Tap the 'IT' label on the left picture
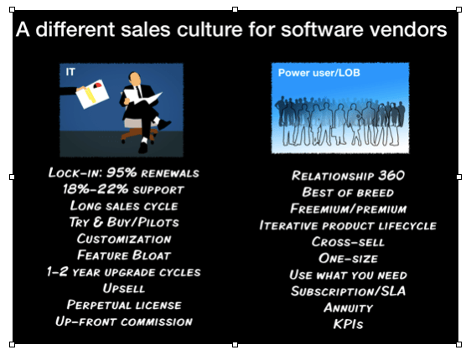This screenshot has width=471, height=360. click(x=70, y=72)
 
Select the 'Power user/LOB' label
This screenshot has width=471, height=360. click(x=318, y=73)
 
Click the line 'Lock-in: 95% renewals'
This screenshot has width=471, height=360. click(x=124, y=172)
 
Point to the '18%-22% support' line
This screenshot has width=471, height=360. click(x=123, y=189)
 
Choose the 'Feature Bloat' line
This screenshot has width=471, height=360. click(x=124, y=255)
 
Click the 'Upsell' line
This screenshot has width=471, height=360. click(x=124, y=288)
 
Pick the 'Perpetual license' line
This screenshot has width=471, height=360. click(x=124, y=305)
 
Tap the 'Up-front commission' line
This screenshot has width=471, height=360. click(x=124, y=321)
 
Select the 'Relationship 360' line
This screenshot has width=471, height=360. click(x=348, y=176)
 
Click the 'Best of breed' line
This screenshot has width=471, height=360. click(x=348, y=193)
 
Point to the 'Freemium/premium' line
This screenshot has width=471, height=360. click(x=348, y=208)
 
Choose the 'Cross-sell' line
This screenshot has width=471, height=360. click(x=348, y=242)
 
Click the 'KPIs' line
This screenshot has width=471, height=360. click(x=348, y=324)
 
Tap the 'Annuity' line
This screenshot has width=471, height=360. click(x=348, y=308)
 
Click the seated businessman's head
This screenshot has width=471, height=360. click(x=135, y=79)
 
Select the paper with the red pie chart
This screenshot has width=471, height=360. click(x=92, y=94)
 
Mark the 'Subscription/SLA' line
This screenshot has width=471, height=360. click(x=348, y=291)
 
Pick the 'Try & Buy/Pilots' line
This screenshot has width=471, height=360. click(x=124, y=223)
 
